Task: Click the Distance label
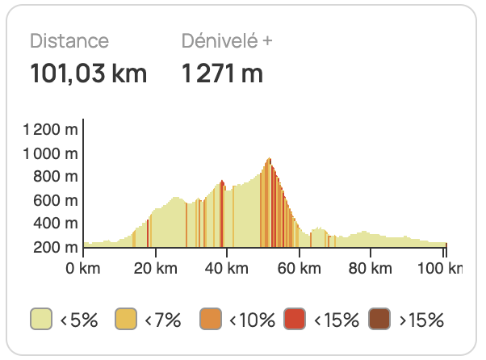(69, 41)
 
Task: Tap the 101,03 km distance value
(89, 74)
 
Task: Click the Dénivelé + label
(227, 41)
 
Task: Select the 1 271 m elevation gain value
(223, 74)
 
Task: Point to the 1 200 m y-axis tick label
(51, 129)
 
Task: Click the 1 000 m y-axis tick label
(51, 153)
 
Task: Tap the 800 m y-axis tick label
(57, 177)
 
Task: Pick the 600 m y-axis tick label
(57, 200)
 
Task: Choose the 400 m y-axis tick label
(57, 224)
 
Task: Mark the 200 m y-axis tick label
(57, 247)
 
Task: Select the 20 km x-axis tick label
(155, 267)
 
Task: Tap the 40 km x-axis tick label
(227, 267)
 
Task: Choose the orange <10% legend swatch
(210, 320)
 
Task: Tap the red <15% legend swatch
(295, 320)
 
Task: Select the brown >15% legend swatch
(379, 320)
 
